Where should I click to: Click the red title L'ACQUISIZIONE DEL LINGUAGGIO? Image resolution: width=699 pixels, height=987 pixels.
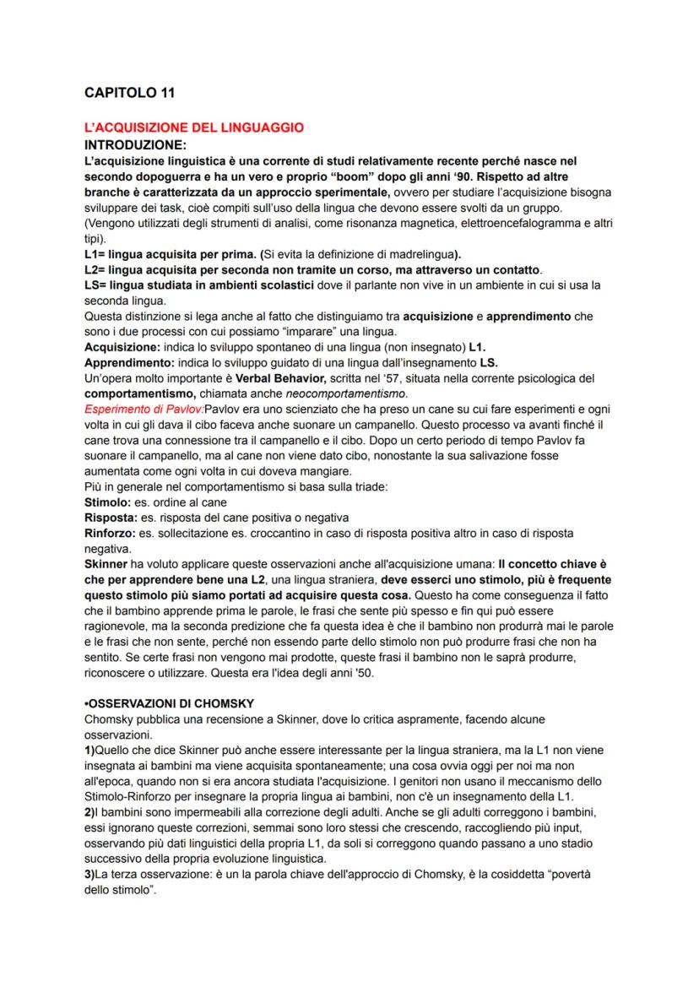[193, 128]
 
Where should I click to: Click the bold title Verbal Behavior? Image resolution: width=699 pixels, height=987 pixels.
[276, 377]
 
